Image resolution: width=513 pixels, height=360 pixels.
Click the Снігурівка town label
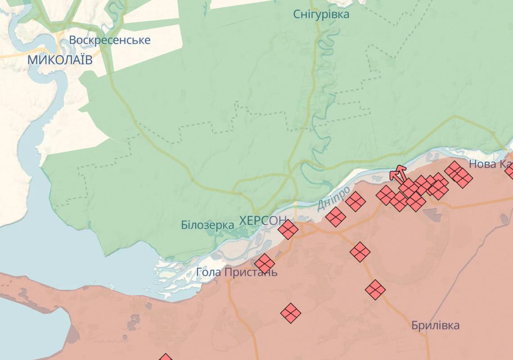coord(321,14)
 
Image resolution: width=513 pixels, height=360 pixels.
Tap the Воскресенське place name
coord(109,40)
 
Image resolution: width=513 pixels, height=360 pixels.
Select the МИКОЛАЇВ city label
coord(60,60)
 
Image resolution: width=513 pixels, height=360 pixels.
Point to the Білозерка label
coord(207,225)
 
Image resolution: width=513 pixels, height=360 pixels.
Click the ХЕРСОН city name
coord(263,220)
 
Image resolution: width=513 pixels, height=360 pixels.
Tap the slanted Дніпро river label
coord(333,198)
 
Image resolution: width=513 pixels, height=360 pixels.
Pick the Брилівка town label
coord(435,325)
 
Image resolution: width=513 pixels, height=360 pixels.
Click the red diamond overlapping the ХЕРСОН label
coord(288,229)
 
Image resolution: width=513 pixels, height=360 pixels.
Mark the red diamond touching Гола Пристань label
coord(265,263)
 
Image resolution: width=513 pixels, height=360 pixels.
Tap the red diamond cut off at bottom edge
coord(165,357)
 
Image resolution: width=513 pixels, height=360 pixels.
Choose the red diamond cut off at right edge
coord(509,171)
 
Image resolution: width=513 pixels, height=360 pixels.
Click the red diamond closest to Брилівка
coord(375,289)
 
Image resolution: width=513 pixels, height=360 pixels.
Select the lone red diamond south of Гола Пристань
coord(291,312)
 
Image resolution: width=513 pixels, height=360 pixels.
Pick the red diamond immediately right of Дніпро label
coord(355,202)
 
